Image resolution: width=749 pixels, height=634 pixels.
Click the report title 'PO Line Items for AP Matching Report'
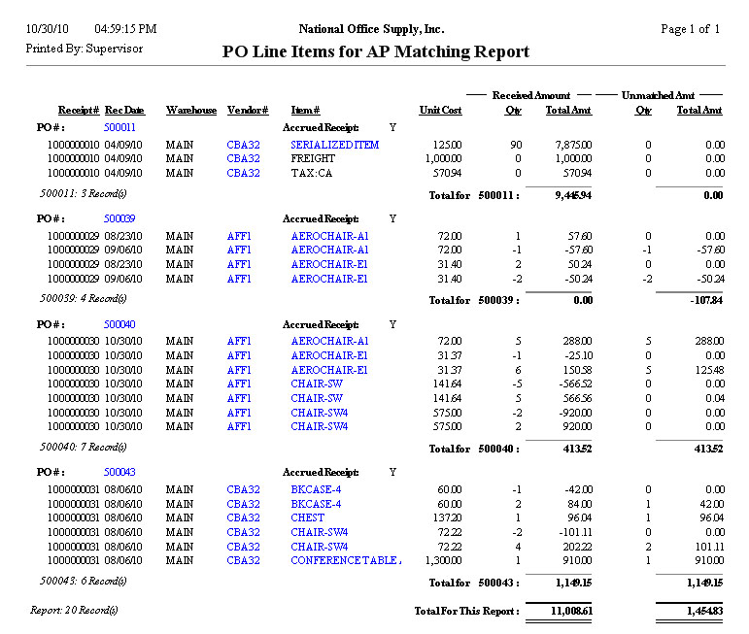(x=376, y=52)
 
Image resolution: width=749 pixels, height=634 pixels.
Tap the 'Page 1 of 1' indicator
(x=690, y=29)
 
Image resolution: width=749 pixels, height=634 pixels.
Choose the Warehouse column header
(x=191, y=111)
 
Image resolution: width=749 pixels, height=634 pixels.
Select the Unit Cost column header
(x=440, y=111)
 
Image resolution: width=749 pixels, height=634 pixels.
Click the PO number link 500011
(x=119, y=127)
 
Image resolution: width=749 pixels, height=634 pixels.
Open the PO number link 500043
(x=119, y=472)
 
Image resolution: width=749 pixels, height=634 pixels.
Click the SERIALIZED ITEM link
(x=334, y=145)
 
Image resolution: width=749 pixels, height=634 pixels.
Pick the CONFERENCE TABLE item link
(x=346, y=560)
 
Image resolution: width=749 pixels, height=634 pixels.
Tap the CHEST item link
(x=307, y=517)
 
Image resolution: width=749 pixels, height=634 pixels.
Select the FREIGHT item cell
(x=313, y=159)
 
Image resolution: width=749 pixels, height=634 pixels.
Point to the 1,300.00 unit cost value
(x=440, y=560)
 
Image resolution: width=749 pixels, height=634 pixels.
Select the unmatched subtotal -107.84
(x=703, y=301)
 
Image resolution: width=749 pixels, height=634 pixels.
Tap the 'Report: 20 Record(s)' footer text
(x=74, y=610)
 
